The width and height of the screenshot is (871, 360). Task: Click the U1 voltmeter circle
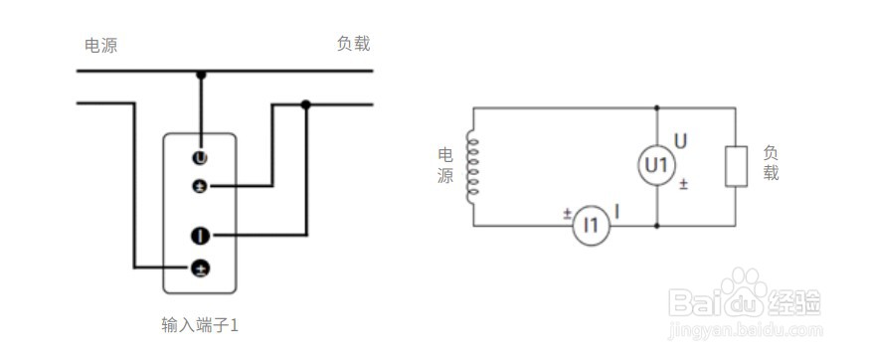tap(655, 164)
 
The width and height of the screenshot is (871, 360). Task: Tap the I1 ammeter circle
tap(593, 226)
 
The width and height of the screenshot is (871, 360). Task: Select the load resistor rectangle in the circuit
tap(736, 165)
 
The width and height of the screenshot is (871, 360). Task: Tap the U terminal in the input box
tap(200, 157)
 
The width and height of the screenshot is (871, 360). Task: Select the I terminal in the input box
tap(200, 236)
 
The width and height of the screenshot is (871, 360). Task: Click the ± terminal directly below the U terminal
tap(200, 186)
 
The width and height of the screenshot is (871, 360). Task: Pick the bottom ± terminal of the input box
tap(200, 268)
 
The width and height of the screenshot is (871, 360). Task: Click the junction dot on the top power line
tap(201, 73)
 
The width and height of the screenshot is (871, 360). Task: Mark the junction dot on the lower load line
tap(306, 104)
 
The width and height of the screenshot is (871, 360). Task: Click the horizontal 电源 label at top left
tap(100, 45)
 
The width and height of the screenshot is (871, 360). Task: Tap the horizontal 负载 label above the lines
tap(353, 44)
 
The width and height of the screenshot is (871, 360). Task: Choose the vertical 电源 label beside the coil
tap(445, 166)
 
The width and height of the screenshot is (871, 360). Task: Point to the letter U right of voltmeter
tap(681, 140)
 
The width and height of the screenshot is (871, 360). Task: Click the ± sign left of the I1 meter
tap(567, 213)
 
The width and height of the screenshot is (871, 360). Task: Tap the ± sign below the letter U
tap(683, 184)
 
